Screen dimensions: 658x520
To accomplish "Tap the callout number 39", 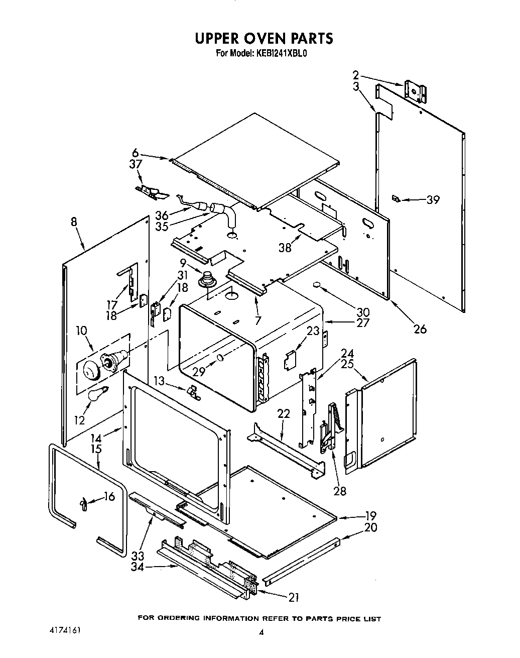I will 433,199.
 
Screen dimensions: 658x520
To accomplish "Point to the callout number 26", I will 420,329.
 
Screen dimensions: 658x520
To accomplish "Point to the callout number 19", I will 370,515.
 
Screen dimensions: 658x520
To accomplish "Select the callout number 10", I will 81,331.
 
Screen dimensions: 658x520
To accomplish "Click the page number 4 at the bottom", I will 261,632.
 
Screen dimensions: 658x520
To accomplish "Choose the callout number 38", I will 285,248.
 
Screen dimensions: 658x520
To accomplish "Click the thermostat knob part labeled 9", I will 206,278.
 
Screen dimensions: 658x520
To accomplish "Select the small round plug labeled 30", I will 317,286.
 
